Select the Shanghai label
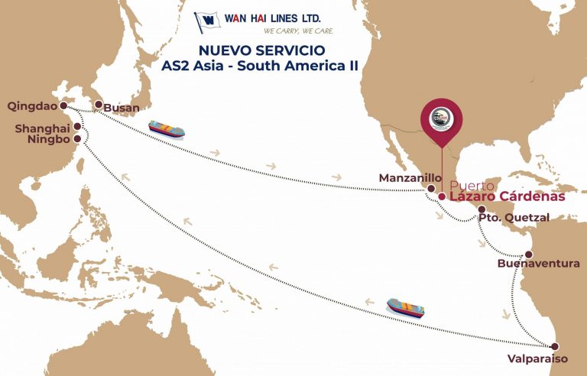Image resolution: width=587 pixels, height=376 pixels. pyautogui.click(x=42, y=128)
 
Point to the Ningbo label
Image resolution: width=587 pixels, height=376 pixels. pyautogui.click(x=48, y=140)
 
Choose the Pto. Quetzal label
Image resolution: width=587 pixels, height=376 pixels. pyautogui.click(x=514, y=218)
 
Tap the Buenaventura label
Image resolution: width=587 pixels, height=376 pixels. pyautogui.click(x=538, y=264)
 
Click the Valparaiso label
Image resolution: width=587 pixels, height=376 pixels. pyautogui.click(x=537, y=358)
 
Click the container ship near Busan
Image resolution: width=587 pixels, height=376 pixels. pyautogui.click(x=167, y=128)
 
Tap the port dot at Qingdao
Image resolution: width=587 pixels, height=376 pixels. pyautogui.click(x=63, y=106)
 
